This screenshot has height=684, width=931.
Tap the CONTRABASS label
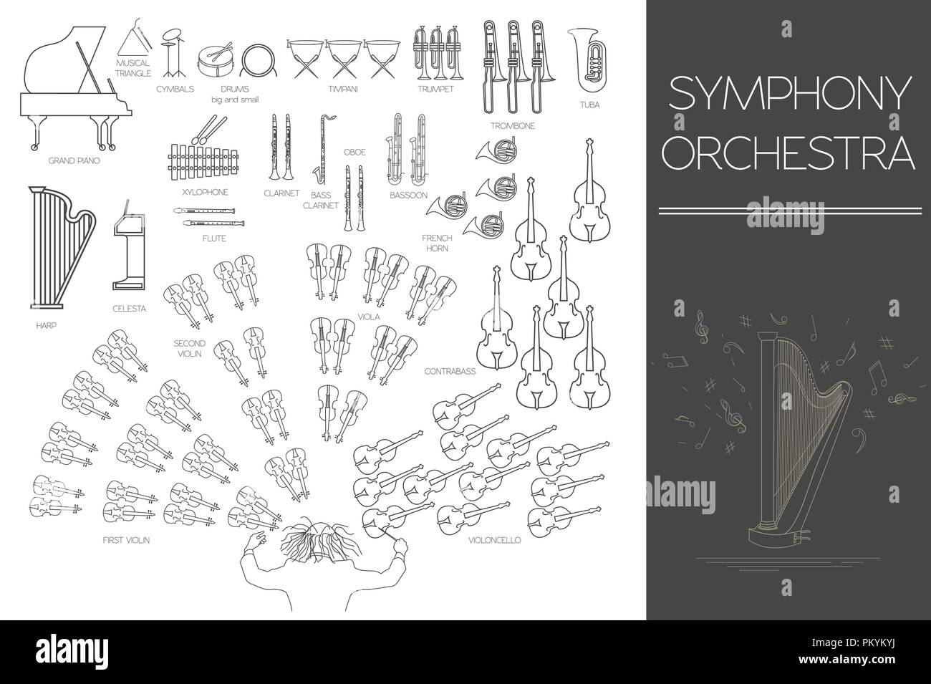click(444, 372)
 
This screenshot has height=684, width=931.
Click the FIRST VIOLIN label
click(125, 539)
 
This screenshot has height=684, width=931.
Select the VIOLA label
click(370, 315)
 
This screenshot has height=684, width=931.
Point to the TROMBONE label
click(513, 125)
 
